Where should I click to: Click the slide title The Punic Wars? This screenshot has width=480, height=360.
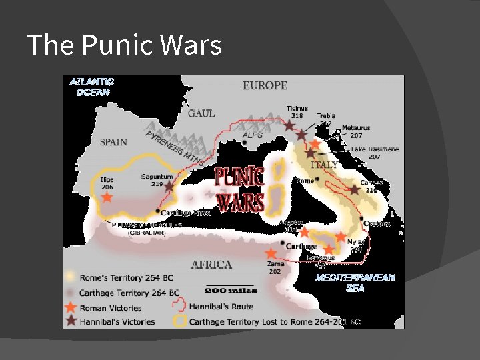coord(125,45)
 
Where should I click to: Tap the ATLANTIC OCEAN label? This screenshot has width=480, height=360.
coord(92,87)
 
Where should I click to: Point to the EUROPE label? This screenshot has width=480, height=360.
coord(265,85)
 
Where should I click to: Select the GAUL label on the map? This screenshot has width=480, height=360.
coord(201,113)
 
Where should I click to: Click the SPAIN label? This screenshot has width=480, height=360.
coord(113,141)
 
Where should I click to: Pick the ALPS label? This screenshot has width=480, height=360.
coord(252,135)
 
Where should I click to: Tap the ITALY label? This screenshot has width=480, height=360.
coord(324,164)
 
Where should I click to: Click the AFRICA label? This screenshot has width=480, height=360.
coord(211,265)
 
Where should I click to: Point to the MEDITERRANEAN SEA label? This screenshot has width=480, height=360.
coord(355,283)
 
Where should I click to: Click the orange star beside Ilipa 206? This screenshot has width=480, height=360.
coord(107,198)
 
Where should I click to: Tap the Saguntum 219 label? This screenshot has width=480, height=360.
coord(157,180)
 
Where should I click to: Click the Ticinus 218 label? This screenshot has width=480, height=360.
coord(297,111)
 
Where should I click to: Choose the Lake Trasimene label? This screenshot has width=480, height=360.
coord(375,153)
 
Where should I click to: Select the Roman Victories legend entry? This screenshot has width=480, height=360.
coord(110,308)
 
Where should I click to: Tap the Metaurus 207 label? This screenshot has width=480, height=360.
coord(356,131)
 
